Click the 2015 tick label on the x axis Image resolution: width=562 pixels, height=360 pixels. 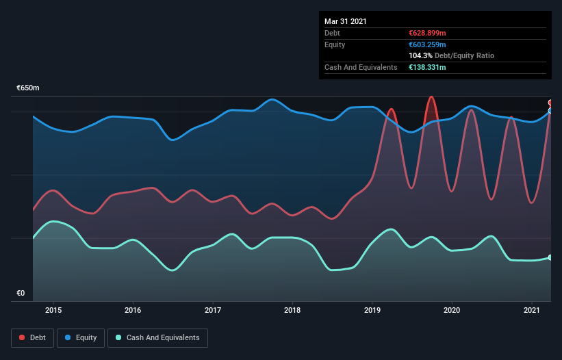click(x=53, y=310)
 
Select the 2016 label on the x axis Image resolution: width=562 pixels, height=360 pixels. click(x=133, y=310)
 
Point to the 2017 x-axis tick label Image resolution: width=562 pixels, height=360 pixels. click(x=213, y=310)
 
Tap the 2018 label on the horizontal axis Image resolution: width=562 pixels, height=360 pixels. click(x=292, y=310)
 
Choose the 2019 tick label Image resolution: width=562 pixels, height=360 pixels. click(x=372, y=310)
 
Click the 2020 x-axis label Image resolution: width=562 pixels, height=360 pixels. click(x=452, y=310)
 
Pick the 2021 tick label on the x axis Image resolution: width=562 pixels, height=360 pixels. click(x=532, y=310)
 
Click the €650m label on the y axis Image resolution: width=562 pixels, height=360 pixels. click(x=28, y=88)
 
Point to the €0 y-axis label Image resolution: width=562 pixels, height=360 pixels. click(x=21, y=293)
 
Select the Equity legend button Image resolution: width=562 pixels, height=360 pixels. click(x=81, y=337)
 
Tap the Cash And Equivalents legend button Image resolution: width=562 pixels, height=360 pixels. click(x=157, y=337)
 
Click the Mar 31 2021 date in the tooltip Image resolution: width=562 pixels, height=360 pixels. click(x=346, y=21)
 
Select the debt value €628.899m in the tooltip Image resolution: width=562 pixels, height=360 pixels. click(x=427, y=33)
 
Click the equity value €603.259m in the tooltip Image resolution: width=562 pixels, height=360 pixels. click(x=427, y=44)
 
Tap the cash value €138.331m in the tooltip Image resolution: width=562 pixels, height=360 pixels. click(x=427, y=67)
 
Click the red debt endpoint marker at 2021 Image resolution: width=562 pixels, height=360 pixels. click(x=550, y=103)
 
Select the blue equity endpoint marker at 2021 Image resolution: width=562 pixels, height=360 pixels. click(x=550, y=110)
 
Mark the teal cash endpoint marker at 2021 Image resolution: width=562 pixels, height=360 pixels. click(x=550, y=257)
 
